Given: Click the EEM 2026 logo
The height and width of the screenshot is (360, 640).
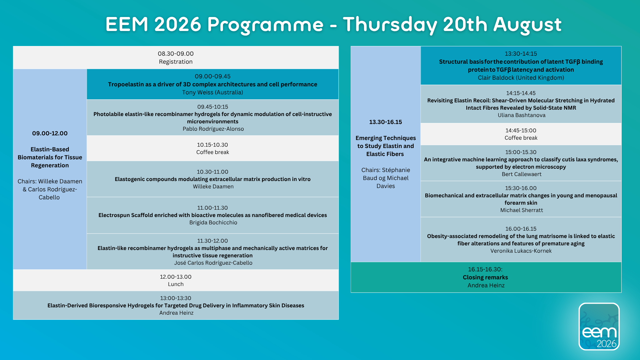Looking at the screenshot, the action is pos(599,326).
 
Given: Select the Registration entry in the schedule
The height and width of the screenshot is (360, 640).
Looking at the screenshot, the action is pos(176,62).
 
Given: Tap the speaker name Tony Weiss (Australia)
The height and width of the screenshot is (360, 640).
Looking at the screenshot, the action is pos(213,92).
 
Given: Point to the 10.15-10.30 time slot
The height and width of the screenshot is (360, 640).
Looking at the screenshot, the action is pos(212,145).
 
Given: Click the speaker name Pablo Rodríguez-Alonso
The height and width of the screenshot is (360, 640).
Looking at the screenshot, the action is pos(213,129).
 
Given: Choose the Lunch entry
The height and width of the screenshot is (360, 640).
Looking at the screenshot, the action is pos(176,284).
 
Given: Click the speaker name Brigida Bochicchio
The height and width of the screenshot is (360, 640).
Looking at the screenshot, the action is pos(213,222).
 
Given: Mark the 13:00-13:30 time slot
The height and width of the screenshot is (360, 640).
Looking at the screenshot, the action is pos(176,298).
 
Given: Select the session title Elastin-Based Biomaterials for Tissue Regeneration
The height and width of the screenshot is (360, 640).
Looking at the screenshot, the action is pos(50,157).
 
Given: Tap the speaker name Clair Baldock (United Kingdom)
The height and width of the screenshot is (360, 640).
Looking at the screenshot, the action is pos(521,78).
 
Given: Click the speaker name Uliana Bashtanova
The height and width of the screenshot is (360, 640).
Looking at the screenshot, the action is pos(522,115).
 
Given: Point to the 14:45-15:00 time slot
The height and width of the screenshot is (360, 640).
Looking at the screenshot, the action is pos(521,130).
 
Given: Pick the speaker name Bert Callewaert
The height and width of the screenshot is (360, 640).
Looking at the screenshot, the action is pos(522,174).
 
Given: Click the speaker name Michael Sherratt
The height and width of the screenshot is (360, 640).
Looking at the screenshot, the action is pos(522,210).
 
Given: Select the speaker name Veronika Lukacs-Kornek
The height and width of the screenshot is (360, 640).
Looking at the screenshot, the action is pos(521,251).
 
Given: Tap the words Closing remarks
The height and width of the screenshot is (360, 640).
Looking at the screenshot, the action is pos(485,277).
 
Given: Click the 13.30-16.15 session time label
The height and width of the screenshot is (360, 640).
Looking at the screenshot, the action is pos(386,122).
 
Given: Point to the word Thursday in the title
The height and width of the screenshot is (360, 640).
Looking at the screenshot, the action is pos(390,25).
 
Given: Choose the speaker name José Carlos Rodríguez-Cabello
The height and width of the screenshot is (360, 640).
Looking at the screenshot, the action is pos(213,263).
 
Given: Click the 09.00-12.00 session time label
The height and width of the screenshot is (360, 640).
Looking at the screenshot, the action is pos(50,133).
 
